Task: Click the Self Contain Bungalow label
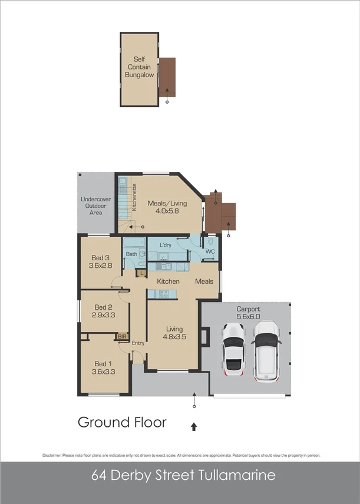(139, 67)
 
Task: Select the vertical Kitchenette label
(134, 198)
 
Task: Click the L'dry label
(166, 244)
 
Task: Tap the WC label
(210, 252)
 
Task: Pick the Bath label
(132, 254)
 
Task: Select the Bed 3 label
(101, 258)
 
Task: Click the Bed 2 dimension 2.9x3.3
(104, 315)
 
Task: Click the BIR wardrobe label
(123, 337)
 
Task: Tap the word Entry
(138, 343)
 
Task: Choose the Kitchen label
(168, 281)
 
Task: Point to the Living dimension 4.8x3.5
(174, 337)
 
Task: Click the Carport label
(248, 309)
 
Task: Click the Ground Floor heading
(122, 422)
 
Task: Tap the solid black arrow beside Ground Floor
(194, 426)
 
